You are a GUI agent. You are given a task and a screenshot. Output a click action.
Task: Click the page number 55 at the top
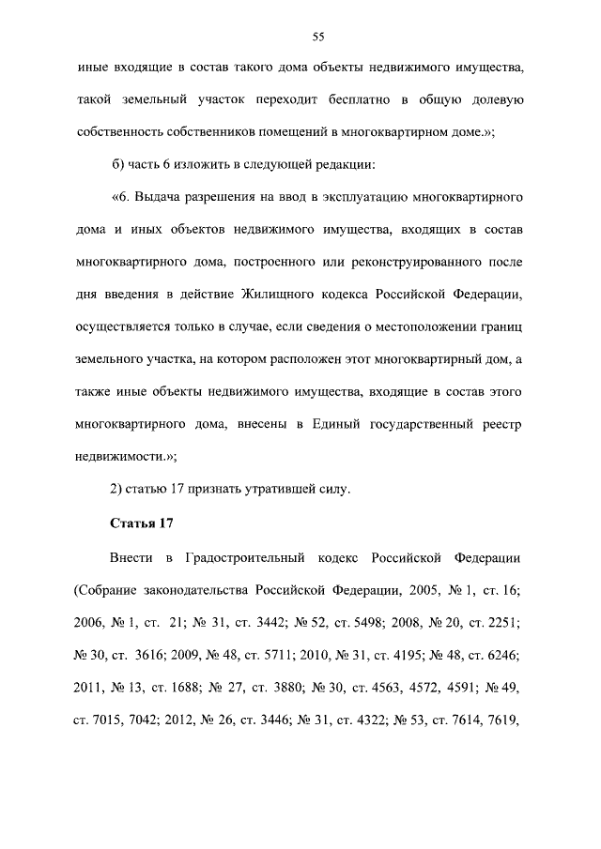[x=317, y=37]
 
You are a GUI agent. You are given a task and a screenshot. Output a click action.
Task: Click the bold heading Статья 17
[x=143, y=522]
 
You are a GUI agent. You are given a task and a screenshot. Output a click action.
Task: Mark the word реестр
[x=499, y=425]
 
